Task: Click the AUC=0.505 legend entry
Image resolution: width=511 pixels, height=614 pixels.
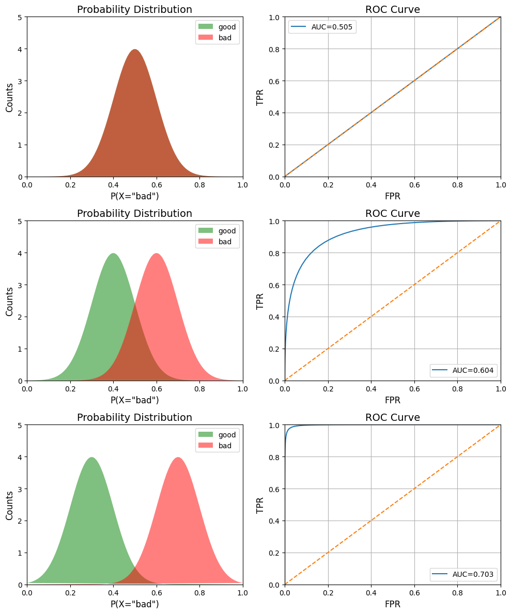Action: tap(322, 27)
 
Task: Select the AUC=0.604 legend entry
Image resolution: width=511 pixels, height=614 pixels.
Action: tap(463, 370)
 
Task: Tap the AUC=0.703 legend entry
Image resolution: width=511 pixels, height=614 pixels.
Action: tap(463, 574)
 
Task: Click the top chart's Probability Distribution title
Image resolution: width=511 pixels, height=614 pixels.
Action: tap(134, 9)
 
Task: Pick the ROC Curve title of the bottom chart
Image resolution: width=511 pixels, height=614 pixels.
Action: tap(393, 417)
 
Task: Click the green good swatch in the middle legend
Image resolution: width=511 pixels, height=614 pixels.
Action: tap(206, 231)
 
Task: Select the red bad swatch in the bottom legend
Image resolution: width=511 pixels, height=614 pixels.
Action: tap(206, 445)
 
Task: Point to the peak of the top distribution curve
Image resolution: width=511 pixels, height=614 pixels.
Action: tap(135, 50)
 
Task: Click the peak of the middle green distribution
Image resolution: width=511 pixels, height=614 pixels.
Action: tap(114, 254)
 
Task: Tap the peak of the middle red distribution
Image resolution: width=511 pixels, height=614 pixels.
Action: tap(157, 254)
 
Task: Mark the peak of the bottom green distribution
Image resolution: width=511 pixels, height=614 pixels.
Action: tap(92, 458)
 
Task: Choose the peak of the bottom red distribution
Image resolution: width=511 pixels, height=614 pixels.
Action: tap(178, 458)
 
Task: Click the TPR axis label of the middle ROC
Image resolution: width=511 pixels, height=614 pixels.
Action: tap(260, 301)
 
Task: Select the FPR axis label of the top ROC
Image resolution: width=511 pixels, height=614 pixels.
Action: tap(393, 196)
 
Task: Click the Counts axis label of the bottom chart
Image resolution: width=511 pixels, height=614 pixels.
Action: tap(9, 505)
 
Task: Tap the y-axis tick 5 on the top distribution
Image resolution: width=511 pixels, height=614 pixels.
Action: tap(20, 17)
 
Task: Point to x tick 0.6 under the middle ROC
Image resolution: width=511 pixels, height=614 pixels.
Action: tap(414, 389)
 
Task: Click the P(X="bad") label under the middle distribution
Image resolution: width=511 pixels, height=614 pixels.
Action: tap(135, 400)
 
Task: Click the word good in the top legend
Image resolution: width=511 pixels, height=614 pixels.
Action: tap(227, 27)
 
